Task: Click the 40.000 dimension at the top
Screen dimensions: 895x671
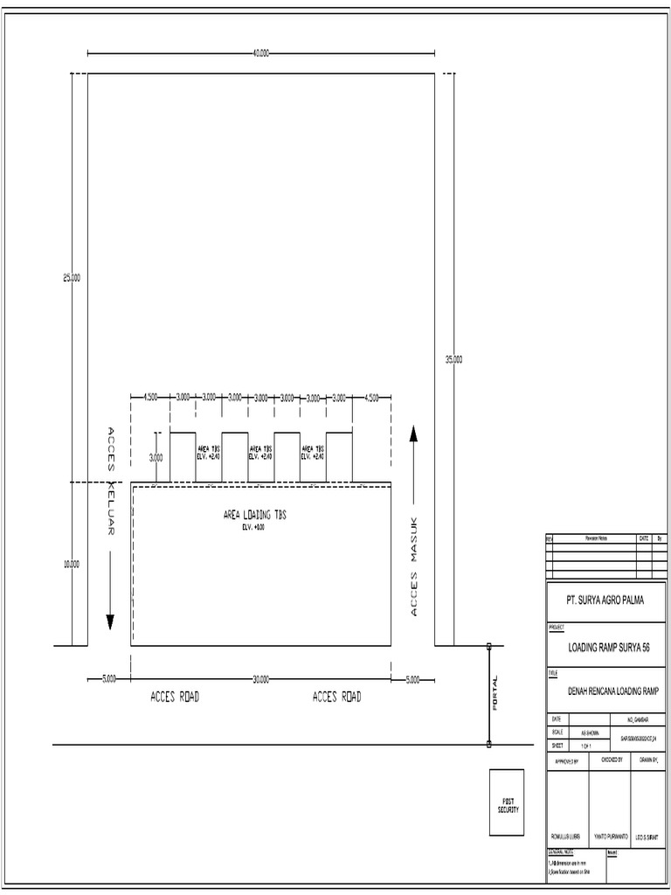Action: (x=260, y=53)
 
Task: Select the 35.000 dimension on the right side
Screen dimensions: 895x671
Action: (x=453, y=359)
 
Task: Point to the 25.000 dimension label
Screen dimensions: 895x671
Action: (x=72, y=278)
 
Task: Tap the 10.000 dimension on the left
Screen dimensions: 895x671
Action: (x=72, y=565)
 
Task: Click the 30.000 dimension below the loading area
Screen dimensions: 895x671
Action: (x=260, y=679)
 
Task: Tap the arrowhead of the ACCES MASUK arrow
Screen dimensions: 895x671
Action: (x=413, y=433)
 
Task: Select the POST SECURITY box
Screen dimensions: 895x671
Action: (x=507, y=805)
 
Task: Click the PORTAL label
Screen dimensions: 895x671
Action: (x=495, y=692)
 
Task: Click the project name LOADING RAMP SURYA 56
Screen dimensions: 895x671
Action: (x=609, y=648)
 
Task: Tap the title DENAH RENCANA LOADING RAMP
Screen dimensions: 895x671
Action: (x=613, y=690)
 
